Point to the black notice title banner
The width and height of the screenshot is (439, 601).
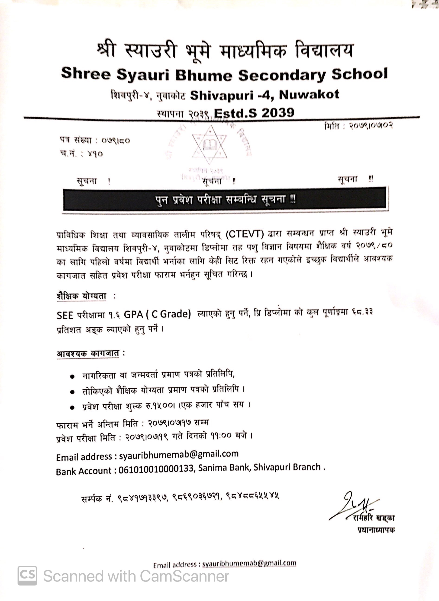(225, 199)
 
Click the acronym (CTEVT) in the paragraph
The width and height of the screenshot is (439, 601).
(245, 234)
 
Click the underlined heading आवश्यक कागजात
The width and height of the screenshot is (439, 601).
(88, 354)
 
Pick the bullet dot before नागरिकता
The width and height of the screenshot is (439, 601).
(72, 377)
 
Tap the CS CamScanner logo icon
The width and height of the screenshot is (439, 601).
(27, 575)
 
